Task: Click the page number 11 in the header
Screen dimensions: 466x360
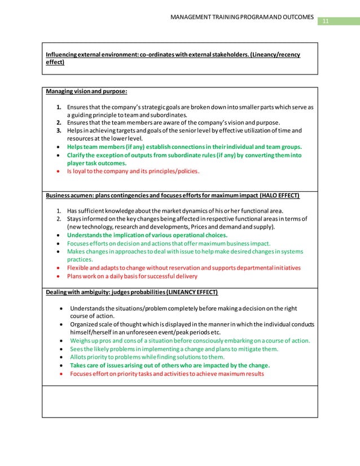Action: [x=324, y=21]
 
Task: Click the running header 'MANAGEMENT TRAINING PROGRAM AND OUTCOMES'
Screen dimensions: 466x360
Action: [x=242, y=16]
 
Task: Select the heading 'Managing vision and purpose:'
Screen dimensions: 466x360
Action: [x=86, y=91]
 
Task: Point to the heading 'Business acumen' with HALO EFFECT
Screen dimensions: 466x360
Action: [x=173, y=195]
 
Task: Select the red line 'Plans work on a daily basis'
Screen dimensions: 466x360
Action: [x=132, y=276]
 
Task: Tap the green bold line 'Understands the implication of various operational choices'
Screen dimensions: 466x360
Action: [x=147, y=235]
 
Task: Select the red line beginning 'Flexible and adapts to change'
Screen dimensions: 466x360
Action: [x=183, y=267]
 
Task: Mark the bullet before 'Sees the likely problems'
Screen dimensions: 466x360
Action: [x=60, y=349]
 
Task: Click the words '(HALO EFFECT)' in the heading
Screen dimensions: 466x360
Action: [x=279, y=195]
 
